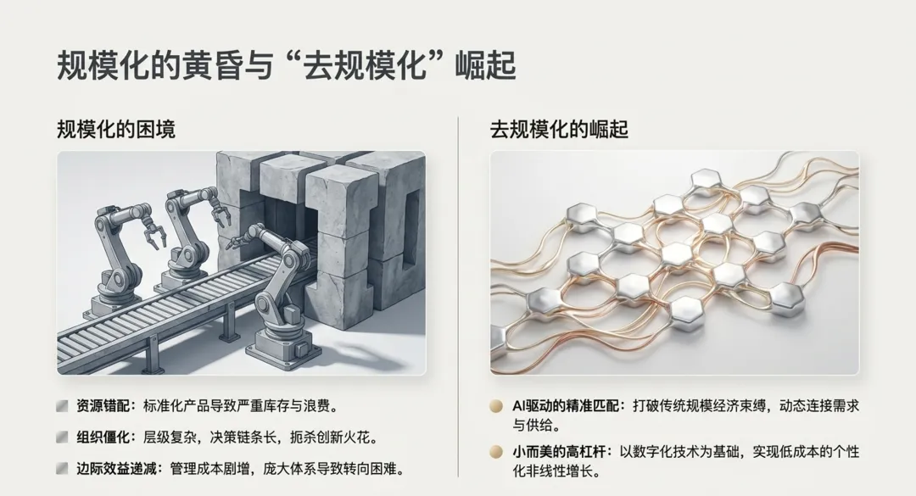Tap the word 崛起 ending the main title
(x=485, y=64)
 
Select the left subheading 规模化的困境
(x=115, y=129)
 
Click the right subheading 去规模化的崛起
(x=559, y=129)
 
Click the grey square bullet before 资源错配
(x=62, y=406)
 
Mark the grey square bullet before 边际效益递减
(x=62, y=469)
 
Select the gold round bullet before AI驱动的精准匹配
(x=496, y=406)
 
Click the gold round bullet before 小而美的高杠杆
(x=496, y=452)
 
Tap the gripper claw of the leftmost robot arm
(x=151, y=237)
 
